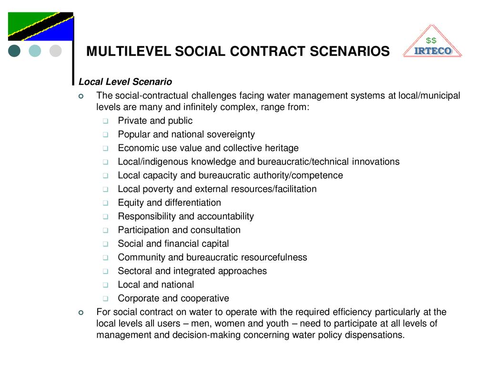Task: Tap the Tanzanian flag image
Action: (x=41, y=27)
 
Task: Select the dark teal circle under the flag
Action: (x=15, y=51)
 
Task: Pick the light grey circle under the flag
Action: (x=56, y=51)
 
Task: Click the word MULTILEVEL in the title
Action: (x=129, y=51)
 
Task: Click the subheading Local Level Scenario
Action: (x=125, y=82)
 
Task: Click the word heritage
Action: (x=280, y=148)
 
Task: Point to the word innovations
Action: (x=376, y=162)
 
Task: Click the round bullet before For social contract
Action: (x=81, y=313)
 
